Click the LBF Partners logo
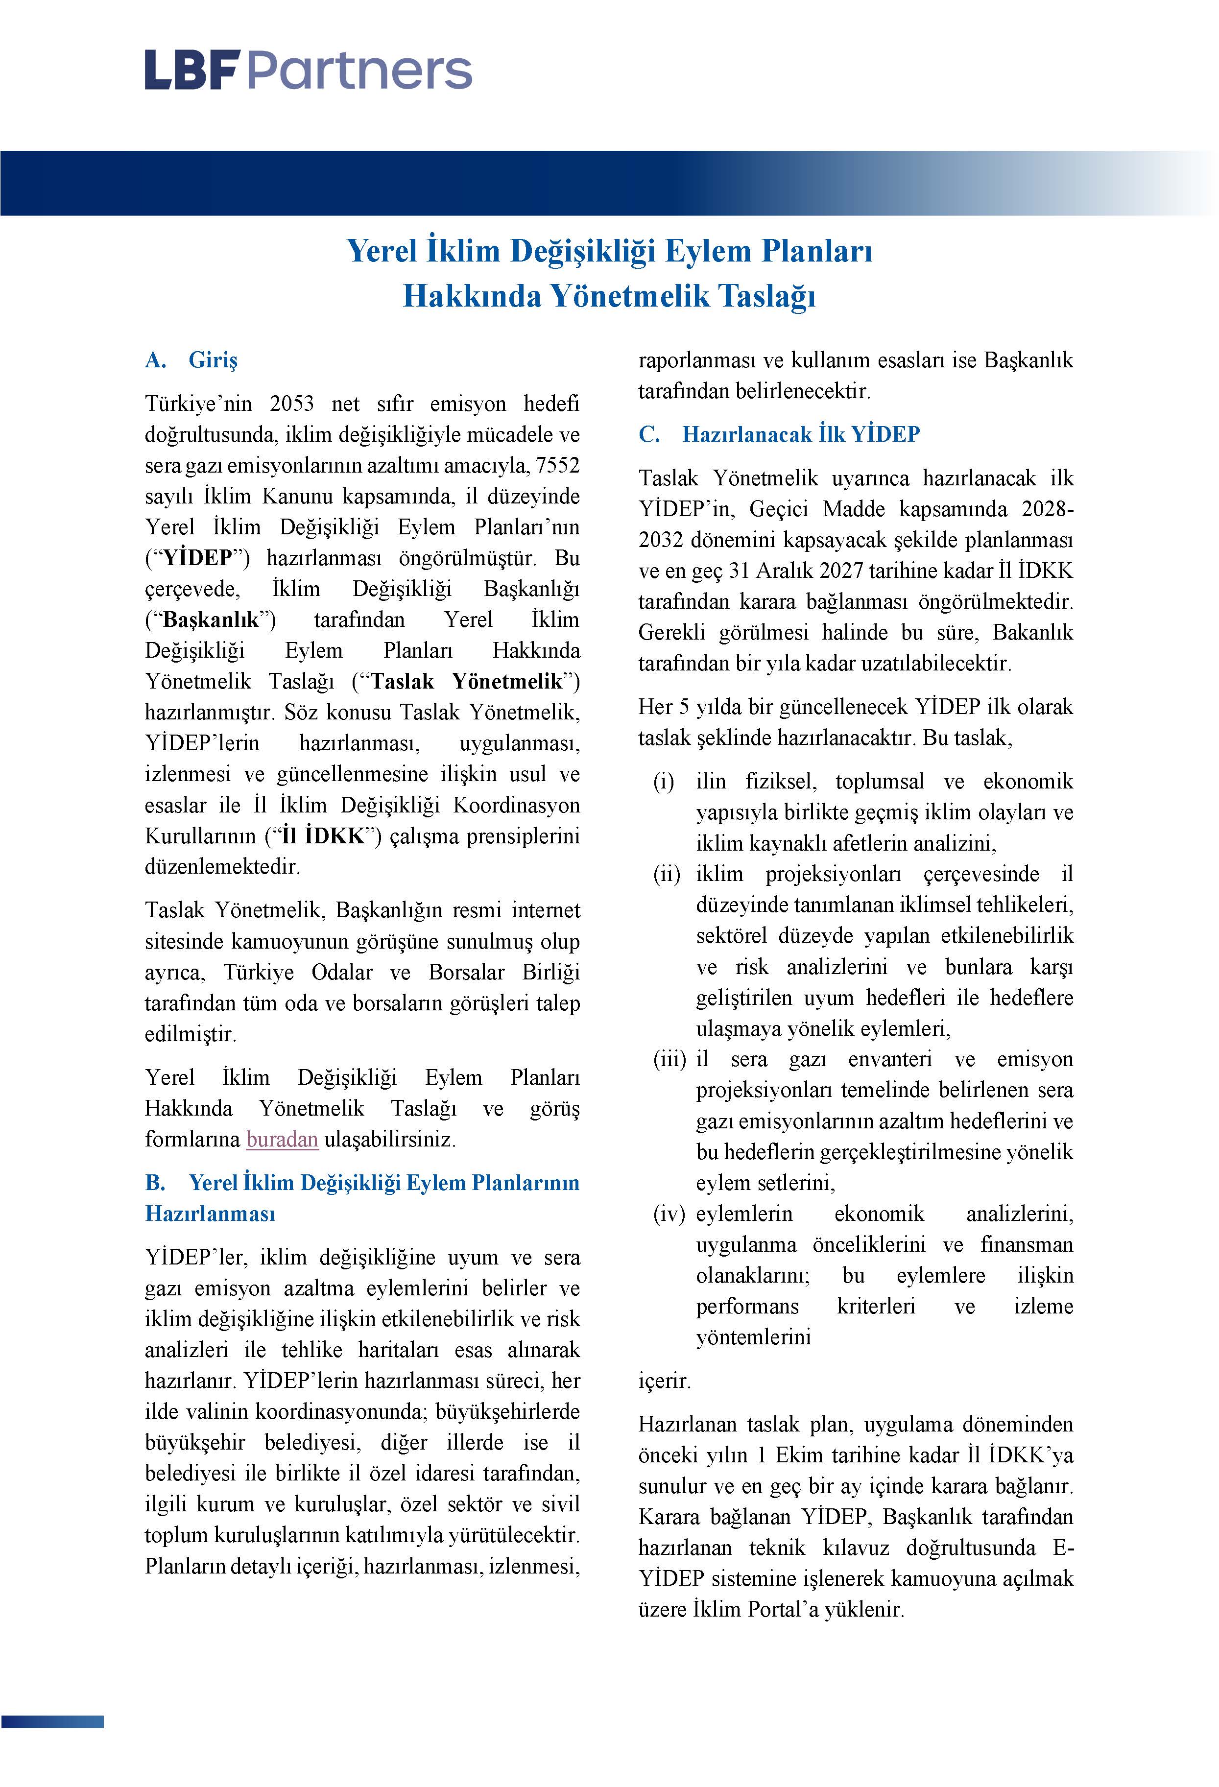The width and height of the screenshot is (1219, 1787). (308, 70)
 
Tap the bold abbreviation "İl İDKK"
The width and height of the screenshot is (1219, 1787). (323, 836)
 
